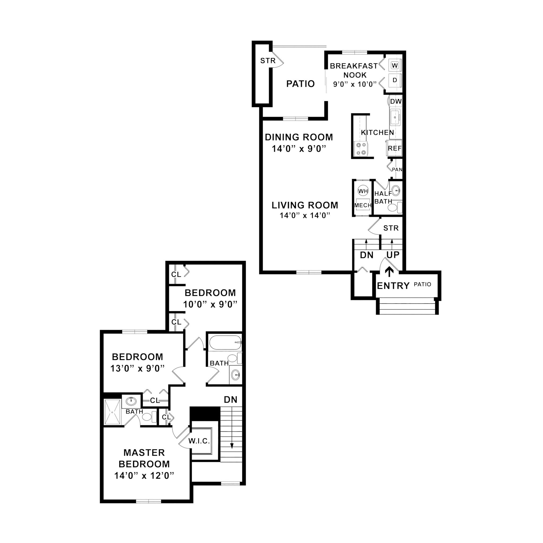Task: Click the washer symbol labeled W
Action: (x=395, y=65)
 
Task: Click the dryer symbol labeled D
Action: (x=395, y=80)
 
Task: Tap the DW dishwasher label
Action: (x=396, y=102)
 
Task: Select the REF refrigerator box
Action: (x=395, y=148)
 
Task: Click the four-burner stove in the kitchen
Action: (x=361, y=149)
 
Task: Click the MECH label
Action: (x=363, y=205)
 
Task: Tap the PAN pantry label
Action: (x=397, y=169)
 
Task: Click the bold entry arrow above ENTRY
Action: (x=389, y=272)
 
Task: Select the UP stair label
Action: (x=393, y=255)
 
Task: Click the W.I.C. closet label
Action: (x=199, y=441)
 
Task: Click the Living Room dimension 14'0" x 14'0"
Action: (x=305, y=216)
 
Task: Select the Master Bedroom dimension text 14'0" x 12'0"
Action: (x=144, y=476)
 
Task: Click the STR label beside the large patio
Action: (x=268, y=61)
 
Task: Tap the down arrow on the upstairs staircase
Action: (x=232, y=445)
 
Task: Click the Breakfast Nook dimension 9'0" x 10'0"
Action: (x=354, y=84)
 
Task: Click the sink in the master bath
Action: (x=131, y=401)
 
